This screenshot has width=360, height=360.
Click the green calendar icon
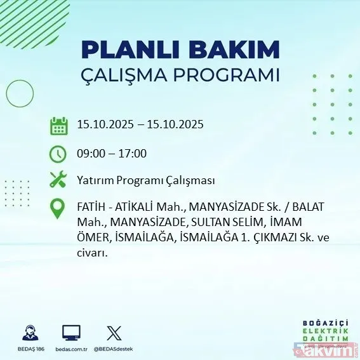[58, 125]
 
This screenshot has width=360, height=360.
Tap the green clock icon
[58, 154]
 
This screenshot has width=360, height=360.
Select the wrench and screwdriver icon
[58, 180]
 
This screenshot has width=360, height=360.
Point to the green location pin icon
[58, 209]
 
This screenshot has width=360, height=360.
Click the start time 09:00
[90, 153]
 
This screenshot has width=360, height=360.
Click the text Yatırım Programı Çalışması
[145, 180]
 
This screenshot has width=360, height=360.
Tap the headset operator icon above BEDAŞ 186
[30, 333]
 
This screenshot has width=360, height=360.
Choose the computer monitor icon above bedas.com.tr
[71, 333]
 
